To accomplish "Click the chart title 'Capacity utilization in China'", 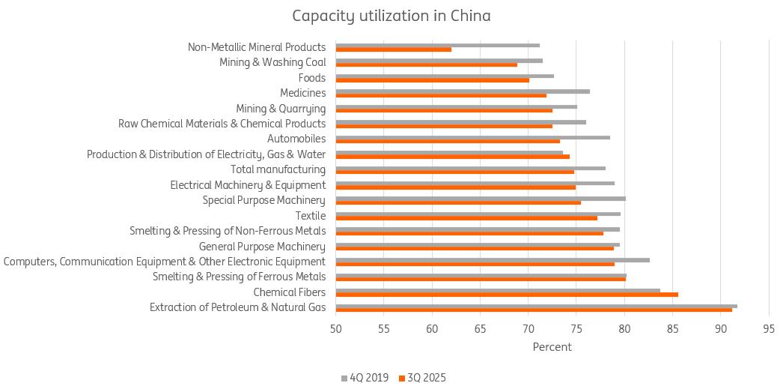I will pos(391,16).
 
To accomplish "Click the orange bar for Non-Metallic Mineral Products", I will pos(394,49).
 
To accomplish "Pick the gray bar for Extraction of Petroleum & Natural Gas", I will pos(536,306).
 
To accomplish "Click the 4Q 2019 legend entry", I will pos(366,378).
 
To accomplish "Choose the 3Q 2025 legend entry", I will pos(422,378).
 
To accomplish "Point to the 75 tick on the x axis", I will pos(576,328).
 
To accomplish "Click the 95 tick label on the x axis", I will pos(769,328).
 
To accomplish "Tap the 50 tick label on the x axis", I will pos(336,328).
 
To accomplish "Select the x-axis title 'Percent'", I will pos(552,347).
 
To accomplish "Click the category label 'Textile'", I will pos(311,216).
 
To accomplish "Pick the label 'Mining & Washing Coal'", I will pos(272,62).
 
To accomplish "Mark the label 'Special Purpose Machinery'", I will pos(264,200).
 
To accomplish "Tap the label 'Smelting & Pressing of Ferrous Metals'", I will pos(239,277).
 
